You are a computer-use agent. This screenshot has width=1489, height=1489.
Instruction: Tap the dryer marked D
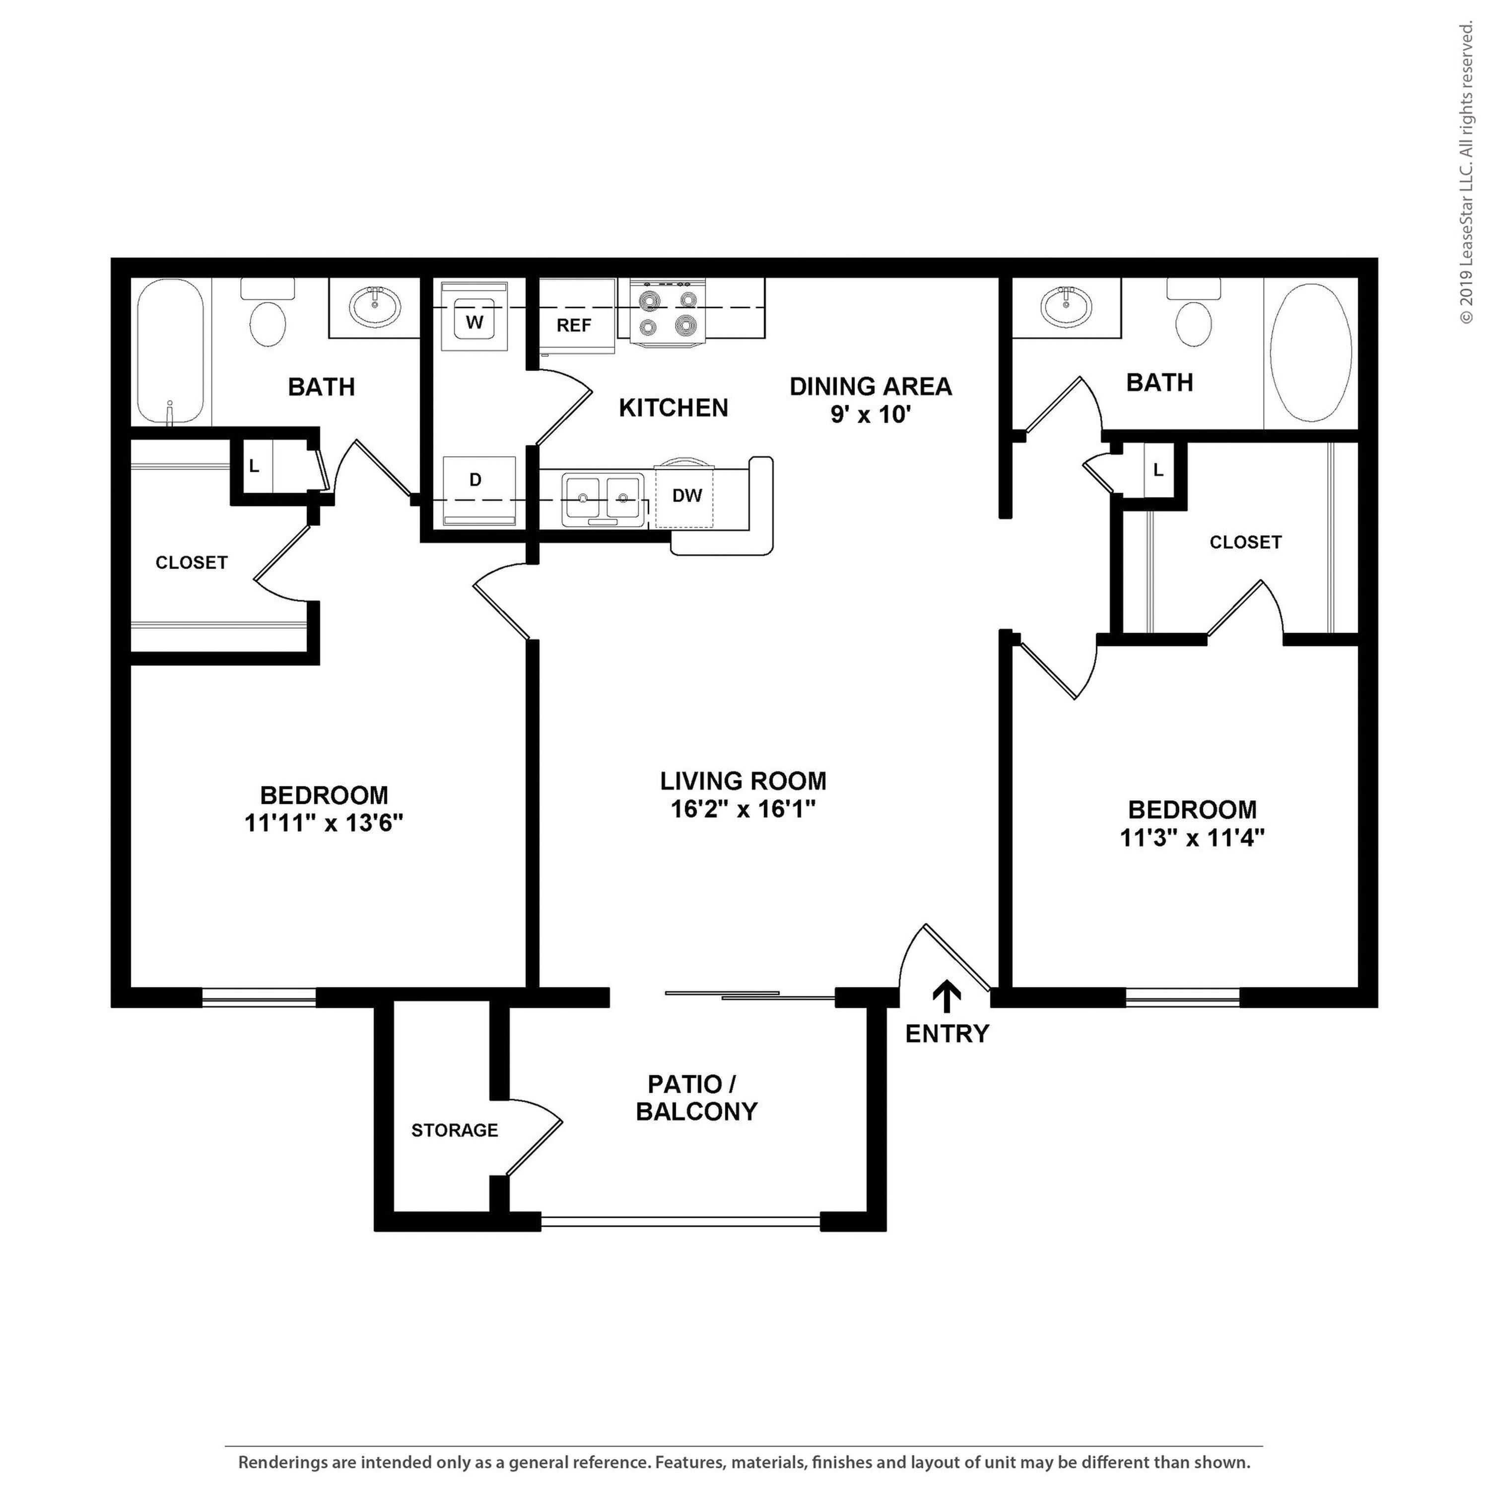pyautogui.click(x=478, y=491)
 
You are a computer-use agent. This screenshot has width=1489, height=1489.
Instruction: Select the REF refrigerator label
pyautogui.click(x=574, y=325)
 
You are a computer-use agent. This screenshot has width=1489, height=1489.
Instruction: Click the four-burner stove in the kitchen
pyautogui.click(x=668, y=311)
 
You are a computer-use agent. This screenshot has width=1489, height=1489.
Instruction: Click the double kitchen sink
pyautogui.click(x=603, y=499)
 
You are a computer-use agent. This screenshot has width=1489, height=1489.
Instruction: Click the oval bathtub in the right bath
pyautogui.click(x=1311, y=352)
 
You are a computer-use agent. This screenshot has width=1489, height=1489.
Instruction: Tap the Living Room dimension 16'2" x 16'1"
pyautogui.click(x=744, y=809)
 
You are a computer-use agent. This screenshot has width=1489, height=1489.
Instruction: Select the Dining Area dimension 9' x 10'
pyautogui.click(x=871, y=414)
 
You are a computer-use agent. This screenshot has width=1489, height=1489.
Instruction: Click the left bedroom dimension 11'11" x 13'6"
pyautogui.click(x=325, y=823)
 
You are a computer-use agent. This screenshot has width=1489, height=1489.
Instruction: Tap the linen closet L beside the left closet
pyautogui.click(x=254, y=466)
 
